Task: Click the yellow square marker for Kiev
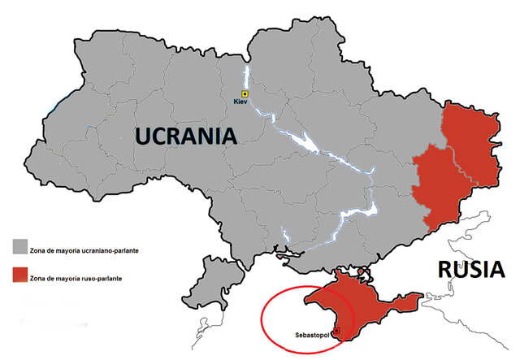point(245,93)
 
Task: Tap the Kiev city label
point(240,103)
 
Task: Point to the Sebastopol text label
point(309,334)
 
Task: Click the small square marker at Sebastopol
point(338,332)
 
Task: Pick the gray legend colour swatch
point(19,244)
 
